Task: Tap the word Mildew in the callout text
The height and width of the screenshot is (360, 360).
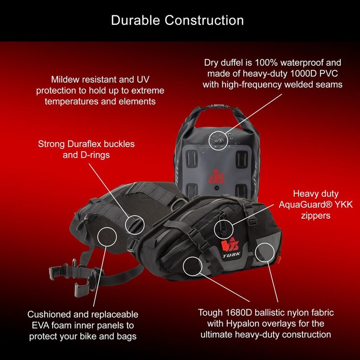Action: tap(65, 79)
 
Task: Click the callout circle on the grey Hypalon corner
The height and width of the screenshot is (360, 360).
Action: tap(265, 253)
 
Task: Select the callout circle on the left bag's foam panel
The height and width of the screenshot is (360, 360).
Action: tap(107, 237)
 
